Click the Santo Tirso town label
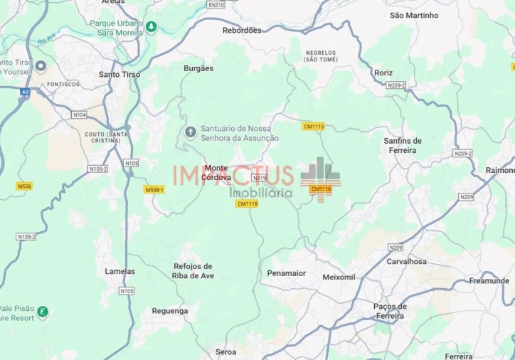pos(120,74)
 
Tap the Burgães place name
pos(198,68)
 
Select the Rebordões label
pos(242,30)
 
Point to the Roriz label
pos(383,72)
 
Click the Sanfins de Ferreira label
pos(403,145)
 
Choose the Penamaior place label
pos(287,273)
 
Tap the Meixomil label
pos(339,277)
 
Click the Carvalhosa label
pos(407,261)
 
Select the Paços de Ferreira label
pos(389,311)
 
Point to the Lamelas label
pos(120,271)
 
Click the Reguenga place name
pos(170,311)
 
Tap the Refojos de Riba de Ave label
pos(193,271)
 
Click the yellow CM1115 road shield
pos(313,127)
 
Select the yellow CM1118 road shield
pos(247,203)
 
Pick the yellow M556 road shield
pos(25,186)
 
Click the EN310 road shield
pos(216,4)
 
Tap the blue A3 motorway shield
pos(25,91)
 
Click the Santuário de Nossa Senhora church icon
pos(190,132)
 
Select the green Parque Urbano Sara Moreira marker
pos(151,26)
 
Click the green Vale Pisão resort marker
pos(43,312)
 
